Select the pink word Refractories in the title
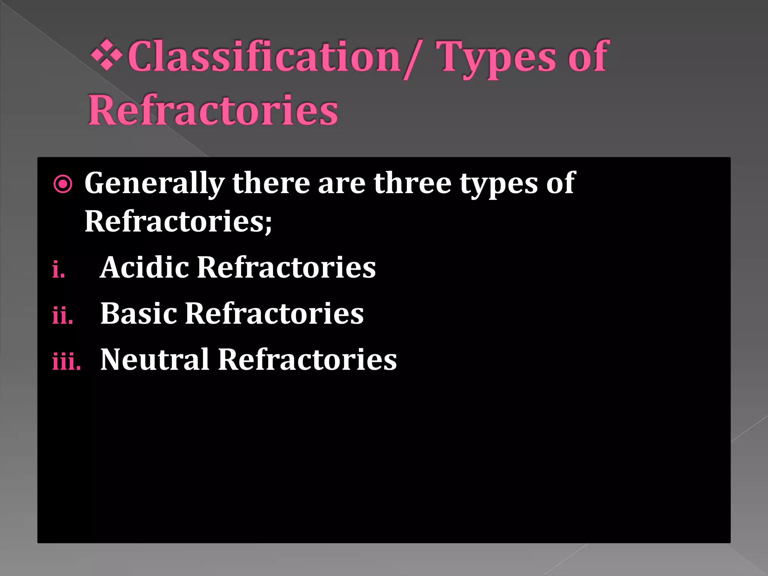(213, 111)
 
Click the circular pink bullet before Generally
(63, 184)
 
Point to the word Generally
(154, 183)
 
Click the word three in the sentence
(412, 183)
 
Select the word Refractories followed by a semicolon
(178, 222)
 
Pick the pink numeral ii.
(63, 315)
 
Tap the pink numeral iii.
(66, 361)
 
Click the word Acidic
(144, 267)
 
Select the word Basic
(139, 313)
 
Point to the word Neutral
(154, 360)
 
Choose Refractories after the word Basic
(274, 313)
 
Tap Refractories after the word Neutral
(307, 360)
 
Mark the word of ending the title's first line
(588, 57)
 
